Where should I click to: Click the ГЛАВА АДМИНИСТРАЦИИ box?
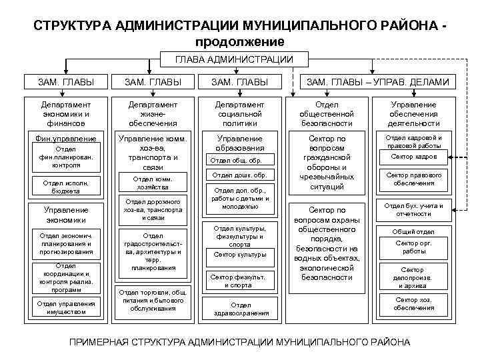233,60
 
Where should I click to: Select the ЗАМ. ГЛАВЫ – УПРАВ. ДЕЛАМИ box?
377,82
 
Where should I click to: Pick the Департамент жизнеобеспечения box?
154,113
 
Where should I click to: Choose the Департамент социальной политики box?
239,113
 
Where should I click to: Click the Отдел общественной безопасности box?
327,113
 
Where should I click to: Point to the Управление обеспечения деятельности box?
414,113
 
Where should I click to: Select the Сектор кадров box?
414,157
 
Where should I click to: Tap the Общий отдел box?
414,231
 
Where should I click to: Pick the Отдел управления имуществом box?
67,308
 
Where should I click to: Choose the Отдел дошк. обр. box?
239,175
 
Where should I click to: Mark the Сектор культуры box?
239,254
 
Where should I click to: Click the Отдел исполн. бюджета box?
66,186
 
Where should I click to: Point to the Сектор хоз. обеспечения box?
414,303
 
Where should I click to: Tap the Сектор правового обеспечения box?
414,179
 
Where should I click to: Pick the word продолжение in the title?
239,41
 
